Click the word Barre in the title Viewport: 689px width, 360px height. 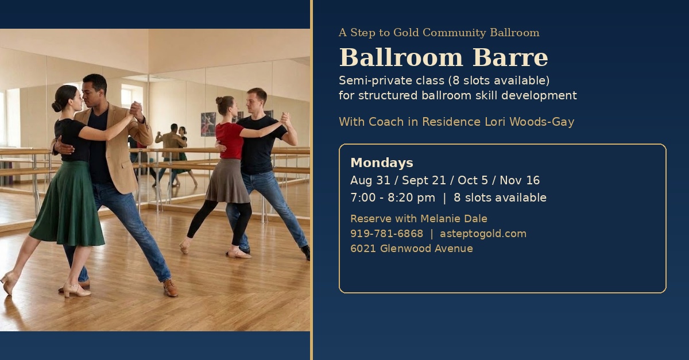[510, 57]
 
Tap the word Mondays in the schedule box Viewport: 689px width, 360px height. [382, 162]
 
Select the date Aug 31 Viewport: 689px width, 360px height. [370, 180]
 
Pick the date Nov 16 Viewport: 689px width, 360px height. [520, 180]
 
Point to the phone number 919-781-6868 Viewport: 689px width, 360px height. [386, 234]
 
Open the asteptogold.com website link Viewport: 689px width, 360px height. [483, 234]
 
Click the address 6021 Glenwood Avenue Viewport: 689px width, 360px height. [412, 248]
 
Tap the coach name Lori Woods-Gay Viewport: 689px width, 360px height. [529, 122]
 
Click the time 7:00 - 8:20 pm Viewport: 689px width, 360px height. [393, 198]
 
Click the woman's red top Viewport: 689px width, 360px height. [229, 140]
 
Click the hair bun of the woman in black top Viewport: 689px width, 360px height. [57, 107]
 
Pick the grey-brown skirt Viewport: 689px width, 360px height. [228, 181]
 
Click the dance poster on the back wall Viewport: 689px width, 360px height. [208, 124]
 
